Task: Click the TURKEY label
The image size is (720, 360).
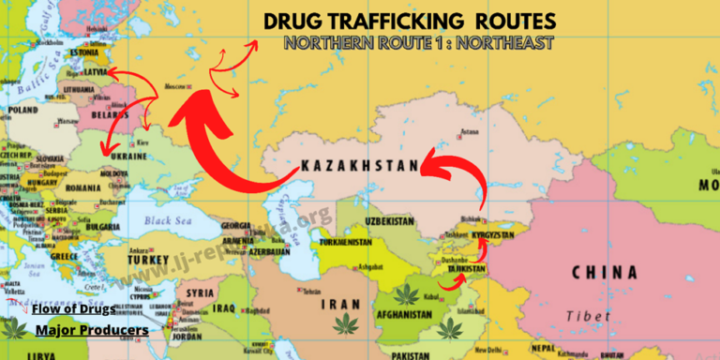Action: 148,260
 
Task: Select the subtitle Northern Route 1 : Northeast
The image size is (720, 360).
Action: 418,43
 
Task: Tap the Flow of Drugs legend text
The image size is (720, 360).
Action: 73,309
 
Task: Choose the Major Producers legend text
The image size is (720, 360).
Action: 91,330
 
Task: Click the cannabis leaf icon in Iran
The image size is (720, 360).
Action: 347,324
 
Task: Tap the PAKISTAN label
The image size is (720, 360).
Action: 411,355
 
